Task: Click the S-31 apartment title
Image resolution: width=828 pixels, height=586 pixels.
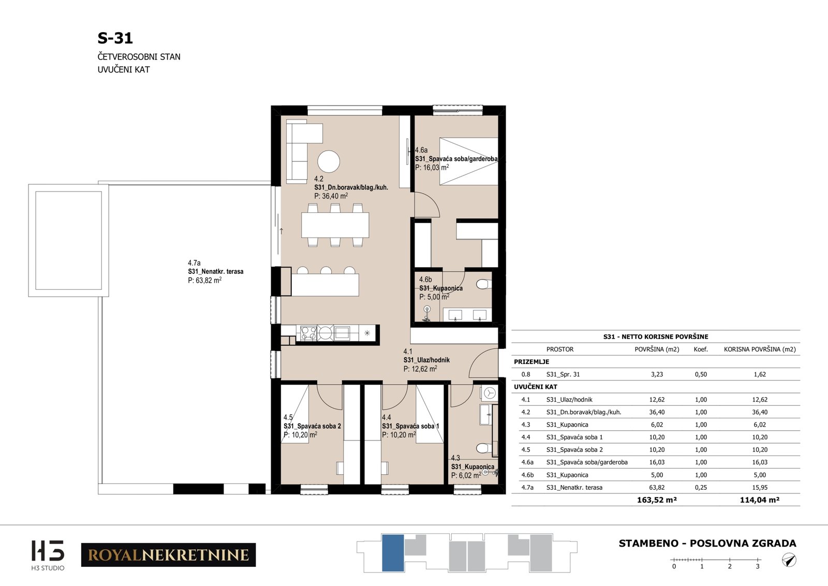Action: click(115, 38)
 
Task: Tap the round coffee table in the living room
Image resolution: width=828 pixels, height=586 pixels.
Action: click(328, 162)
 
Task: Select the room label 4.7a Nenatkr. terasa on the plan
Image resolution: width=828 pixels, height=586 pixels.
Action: click(215, 271)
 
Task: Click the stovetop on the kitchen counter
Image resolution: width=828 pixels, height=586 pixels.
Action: click(308, 332)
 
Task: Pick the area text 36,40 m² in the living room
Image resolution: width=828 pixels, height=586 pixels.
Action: click(331, 196)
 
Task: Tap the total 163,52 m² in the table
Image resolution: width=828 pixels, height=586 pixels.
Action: click(657, 500)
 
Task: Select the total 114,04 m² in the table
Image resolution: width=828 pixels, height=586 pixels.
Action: click(759, 500)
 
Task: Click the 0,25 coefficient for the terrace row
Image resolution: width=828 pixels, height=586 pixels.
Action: click(701, 487)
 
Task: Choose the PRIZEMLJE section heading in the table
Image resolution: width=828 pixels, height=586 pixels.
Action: click(531, 361)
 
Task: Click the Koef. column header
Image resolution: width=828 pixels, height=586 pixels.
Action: click(701, 349)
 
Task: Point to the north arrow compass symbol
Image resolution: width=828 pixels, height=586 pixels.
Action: click(789, 560)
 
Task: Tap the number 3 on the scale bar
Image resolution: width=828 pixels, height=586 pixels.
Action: click(758, 566)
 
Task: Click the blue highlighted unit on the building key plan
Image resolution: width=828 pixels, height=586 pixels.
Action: click(393, 552)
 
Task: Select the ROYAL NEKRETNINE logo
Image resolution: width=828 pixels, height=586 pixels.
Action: click(169, 554)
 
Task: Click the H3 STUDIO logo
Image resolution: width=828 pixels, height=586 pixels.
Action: click(48, 555)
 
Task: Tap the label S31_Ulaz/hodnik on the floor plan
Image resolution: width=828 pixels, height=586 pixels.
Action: click(426, 360)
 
